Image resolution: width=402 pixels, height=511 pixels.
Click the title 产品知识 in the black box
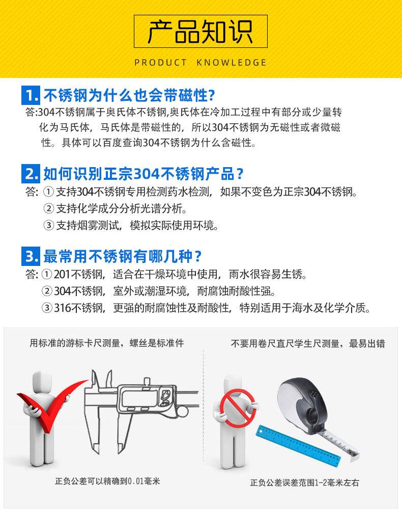(200, 33)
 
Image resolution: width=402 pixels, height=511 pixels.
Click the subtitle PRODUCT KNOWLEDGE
(200, 63)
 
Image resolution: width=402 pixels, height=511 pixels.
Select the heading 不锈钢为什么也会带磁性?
(129, 95)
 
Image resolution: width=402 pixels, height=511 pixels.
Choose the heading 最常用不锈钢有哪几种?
(122, 255)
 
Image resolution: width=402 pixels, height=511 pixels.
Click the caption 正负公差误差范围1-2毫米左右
(304, 482)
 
